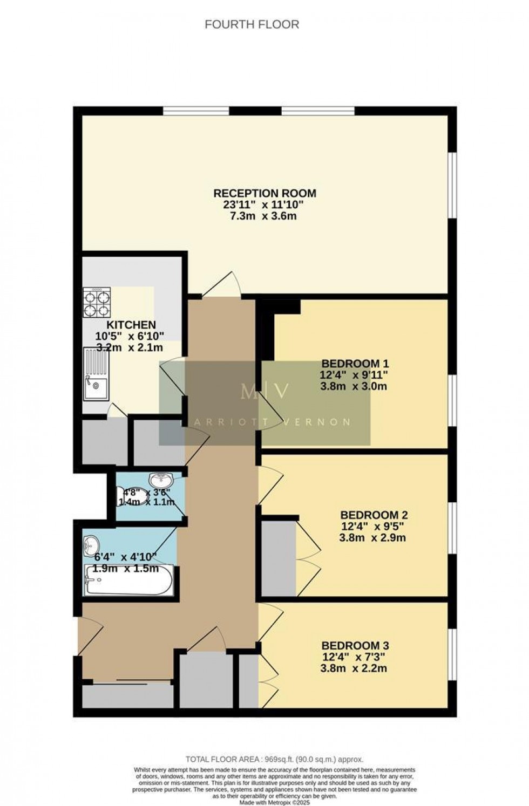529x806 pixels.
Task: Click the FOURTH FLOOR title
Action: [x=252, y=24]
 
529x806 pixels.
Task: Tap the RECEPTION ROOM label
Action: [x=264, y=193]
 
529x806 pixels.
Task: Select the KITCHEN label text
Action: [x=131, y=325]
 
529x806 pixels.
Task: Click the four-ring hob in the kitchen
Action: [x=97, y=302]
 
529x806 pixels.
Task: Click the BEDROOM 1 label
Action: [x=355, y=363]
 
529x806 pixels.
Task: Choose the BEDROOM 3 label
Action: [x=355, y=645]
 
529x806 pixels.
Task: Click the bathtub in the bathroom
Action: [x=128, y=580]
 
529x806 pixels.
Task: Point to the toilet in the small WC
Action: [x=125, y=495]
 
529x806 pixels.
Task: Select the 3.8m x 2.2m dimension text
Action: [x=354, y=668]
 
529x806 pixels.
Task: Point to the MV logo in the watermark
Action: [x=264, y=391]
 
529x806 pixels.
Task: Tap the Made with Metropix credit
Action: [x=274, y=802]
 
